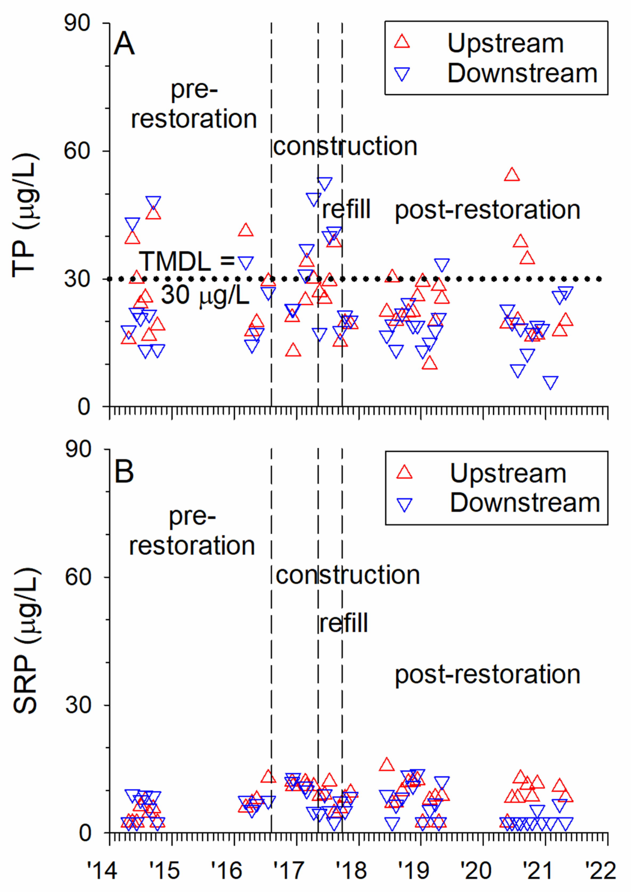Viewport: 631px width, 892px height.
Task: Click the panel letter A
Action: pos(124,44)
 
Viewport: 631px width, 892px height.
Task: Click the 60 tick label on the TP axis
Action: pos(77,150)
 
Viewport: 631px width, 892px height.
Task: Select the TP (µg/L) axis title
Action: pos(26,216)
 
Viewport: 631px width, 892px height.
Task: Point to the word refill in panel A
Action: pos(346,209)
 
